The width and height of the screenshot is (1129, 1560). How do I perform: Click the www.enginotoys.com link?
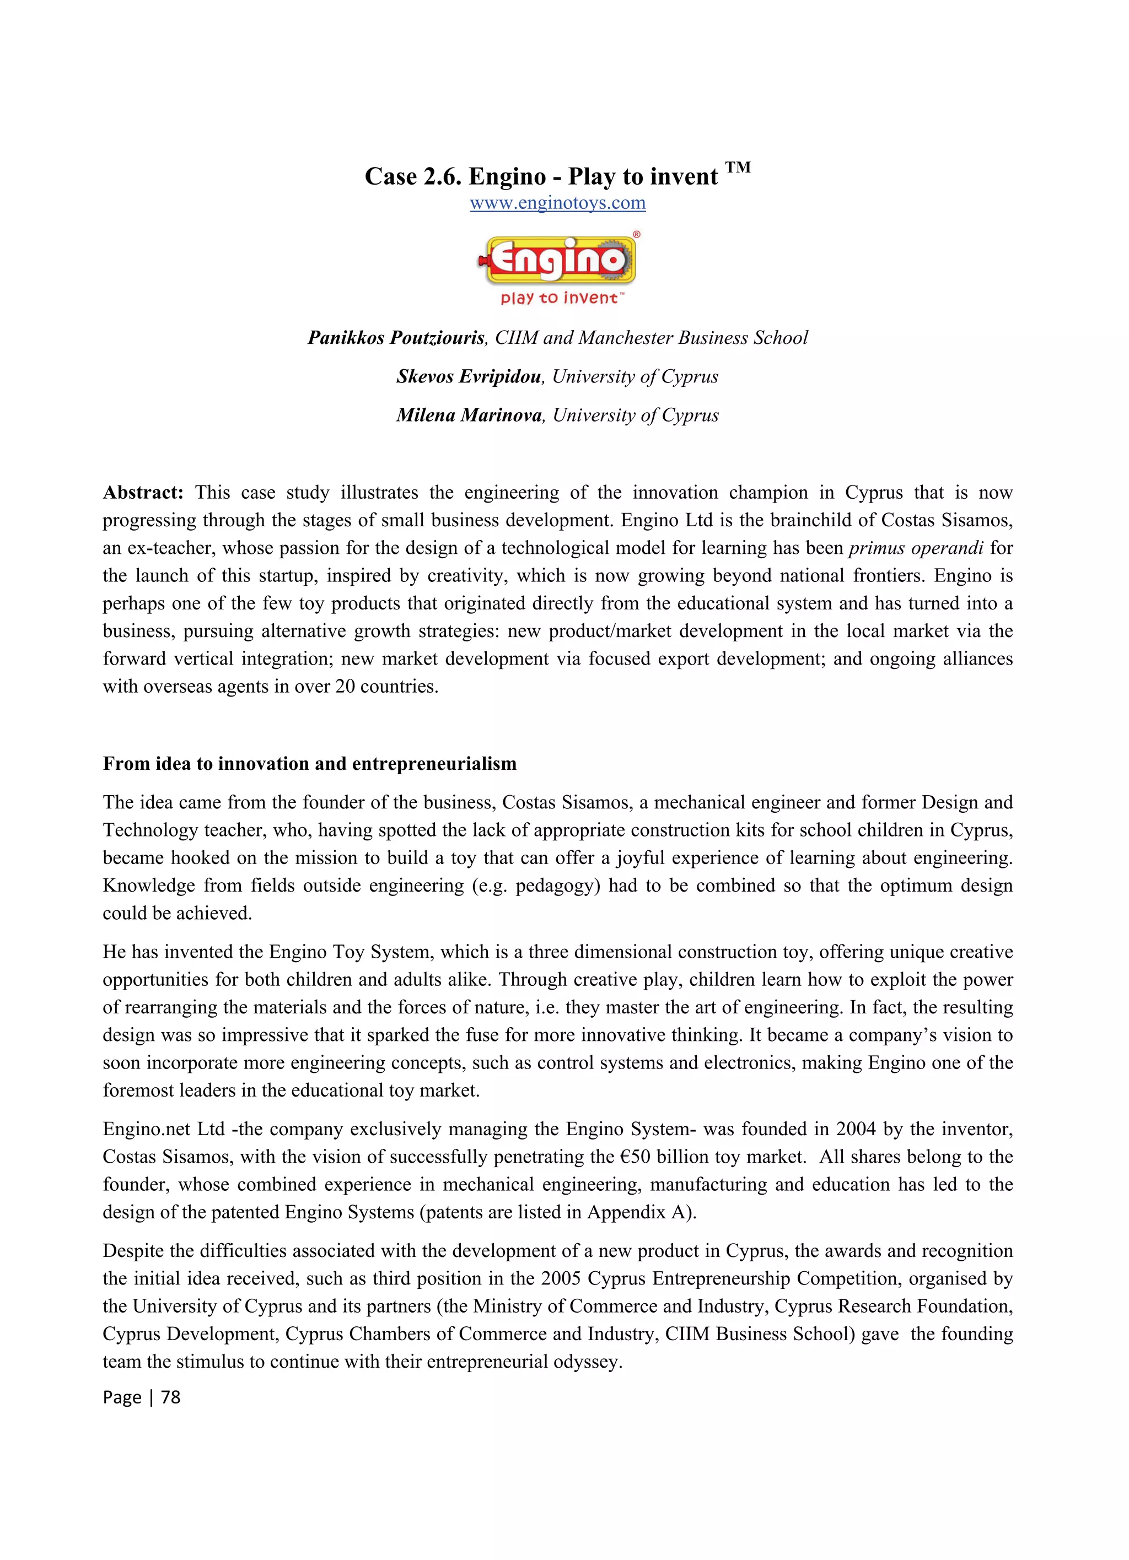(557, 203)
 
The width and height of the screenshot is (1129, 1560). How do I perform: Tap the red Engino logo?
(558, 260)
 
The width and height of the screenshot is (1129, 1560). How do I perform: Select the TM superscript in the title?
(738, 167)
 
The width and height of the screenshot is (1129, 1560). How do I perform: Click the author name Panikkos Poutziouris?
(397, 338)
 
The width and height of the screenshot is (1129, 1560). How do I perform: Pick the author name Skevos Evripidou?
(469, 376)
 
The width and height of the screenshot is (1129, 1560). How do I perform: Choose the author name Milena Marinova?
(469, 415)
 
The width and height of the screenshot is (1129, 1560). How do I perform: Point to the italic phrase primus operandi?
(916, 548)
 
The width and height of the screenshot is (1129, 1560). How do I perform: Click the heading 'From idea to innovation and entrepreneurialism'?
(310, 764)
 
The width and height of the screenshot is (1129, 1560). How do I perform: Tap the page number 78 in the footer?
(171, 1397)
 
